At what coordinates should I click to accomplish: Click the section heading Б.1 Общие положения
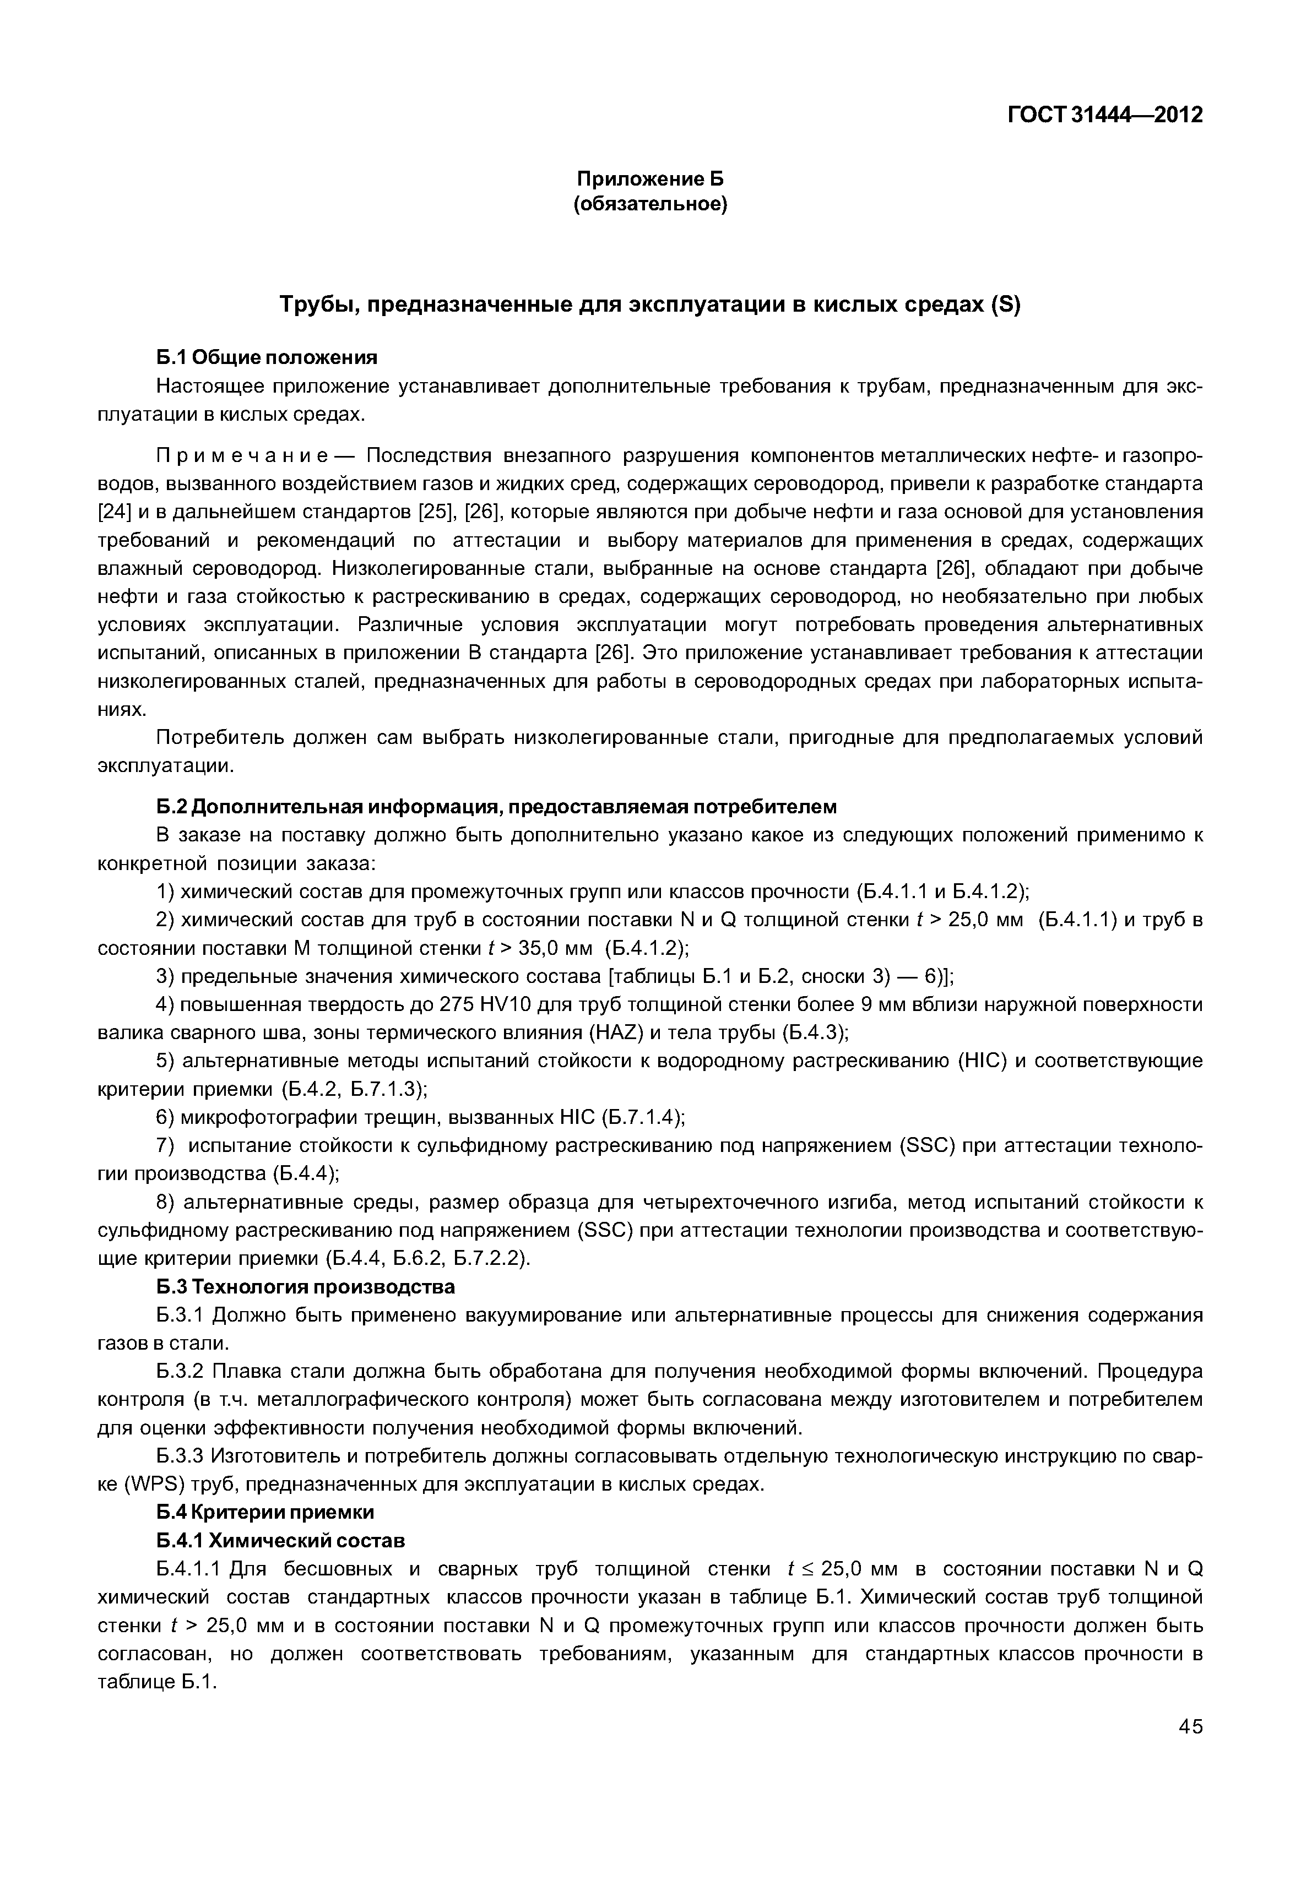(267, 358)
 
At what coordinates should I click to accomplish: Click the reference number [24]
(112, 512)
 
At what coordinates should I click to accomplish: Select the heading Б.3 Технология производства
(306, 1287)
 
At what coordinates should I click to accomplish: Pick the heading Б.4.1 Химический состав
(280, 1540)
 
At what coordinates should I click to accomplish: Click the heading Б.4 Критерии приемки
(265, 1512)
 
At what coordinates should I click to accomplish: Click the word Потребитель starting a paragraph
(219, 738)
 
